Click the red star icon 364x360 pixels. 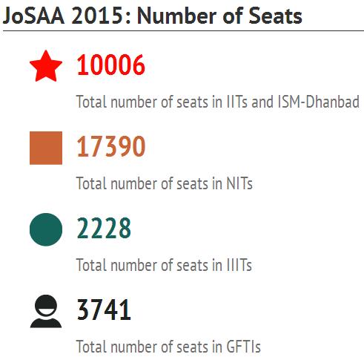46,66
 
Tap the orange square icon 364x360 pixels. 46,148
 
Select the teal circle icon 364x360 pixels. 46,229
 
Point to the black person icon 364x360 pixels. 46,311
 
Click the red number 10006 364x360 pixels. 110,65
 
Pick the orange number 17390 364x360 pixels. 110,146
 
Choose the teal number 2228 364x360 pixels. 104,228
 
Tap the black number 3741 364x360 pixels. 104,310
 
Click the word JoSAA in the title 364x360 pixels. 33,16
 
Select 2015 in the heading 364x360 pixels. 97,16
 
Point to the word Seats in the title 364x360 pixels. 275,16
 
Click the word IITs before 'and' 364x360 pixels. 237,102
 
